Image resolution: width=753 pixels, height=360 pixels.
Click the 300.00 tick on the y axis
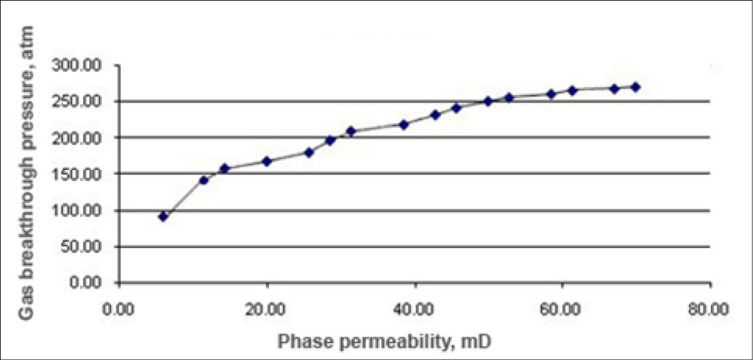tap(90, 65)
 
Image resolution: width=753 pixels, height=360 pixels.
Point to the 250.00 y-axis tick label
tap(90, 101)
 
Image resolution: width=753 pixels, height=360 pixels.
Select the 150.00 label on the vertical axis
tap(90, 174)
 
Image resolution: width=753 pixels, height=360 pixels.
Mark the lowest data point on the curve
tap(164, 217)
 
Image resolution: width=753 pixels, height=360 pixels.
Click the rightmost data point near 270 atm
tap(635, 87)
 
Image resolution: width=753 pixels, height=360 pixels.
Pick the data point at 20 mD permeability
tap(266, 161)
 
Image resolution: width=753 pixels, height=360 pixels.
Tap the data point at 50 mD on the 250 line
tap(488, 101)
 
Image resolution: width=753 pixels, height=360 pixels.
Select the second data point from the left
tap(204, 180)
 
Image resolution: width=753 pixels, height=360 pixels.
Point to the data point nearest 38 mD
tap(404, 124)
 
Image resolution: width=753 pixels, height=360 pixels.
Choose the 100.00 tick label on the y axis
tap(90, 211)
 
